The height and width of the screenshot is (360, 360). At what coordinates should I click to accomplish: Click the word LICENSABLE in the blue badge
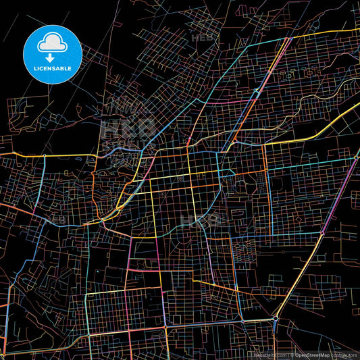tap(53, 69)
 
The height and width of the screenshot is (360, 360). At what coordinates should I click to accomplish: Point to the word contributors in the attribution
tap(344, 355)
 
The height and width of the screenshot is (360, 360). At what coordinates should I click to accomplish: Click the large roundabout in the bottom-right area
tap(277, 317)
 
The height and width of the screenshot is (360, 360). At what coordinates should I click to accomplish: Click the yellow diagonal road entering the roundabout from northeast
tap(297, 284)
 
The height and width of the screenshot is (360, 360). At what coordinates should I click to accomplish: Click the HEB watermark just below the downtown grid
tap(203, 220)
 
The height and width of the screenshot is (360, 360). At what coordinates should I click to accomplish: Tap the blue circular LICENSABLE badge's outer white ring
tap(53, 25)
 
